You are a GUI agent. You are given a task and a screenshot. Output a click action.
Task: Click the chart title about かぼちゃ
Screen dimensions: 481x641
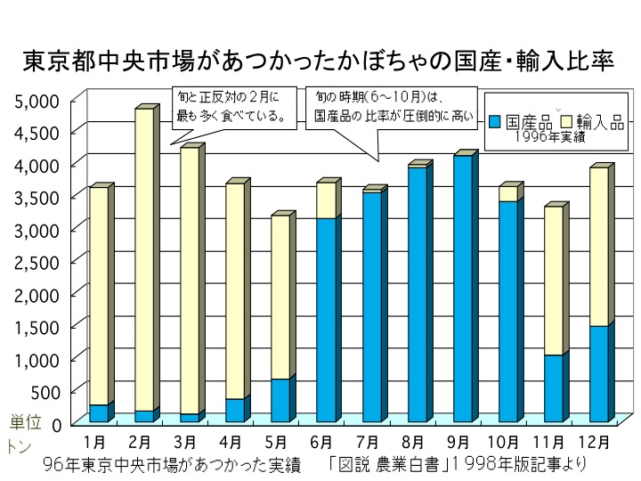(x=320, y=62)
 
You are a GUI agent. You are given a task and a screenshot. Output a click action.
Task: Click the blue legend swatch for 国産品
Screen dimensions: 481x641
(x=497, y=121)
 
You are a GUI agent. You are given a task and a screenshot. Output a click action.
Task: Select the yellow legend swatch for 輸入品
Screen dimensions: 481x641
(x=566, y=121)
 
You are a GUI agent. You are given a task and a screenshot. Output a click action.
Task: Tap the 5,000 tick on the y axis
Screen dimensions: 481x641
(x=37, y=101)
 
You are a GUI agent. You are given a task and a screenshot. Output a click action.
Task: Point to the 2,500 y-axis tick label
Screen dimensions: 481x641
(x=37, y=262)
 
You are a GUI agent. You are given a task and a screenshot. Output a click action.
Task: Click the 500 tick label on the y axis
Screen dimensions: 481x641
(x=46, y=391)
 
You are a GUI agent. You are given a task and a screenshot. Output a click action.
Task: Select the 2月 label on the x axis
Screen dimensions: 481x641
(x=140, y=440)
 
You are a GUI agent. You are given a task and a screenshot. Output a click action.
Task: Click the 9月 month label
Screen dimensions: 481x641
(x=458, y=440)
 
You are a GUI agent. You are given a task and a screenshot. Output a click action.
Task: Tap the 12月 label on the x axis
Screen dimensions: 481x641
(x=594, y=440)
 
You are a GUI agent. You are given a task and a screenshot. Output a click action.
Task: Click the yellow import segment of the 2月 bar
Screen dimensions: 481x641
(x=143, y=258)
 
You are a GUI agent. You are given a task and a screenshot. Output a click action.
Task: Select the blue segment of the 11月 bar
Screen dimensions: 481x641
(x=553, y=387)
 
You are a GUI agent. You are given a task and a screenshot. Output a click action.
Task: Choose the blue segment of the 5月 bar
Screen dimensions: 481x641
(x=280, y=400)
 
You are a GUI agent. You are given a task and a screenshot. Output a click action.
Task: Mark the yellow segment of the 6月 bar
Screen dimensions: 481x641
(x=326, y=200)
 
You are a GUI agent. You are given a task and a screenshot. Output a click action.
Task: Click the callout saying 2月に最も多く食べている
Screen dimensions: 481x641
(x=229, y=105)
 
